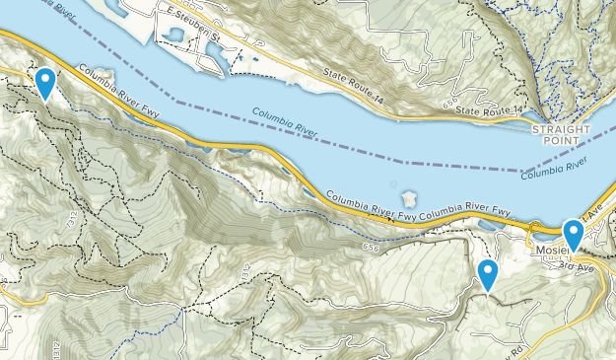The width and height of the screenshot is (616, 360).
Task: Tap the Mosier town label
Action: click(549, 251)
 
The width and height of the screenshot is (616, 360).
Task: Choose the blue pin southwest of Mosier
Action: click(487, 274)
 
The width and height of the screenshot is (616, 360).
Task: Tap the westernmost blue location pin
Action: click(44, 82)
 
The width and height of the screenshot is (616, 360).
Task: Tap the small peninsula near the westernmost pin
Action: click(99, 76)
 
